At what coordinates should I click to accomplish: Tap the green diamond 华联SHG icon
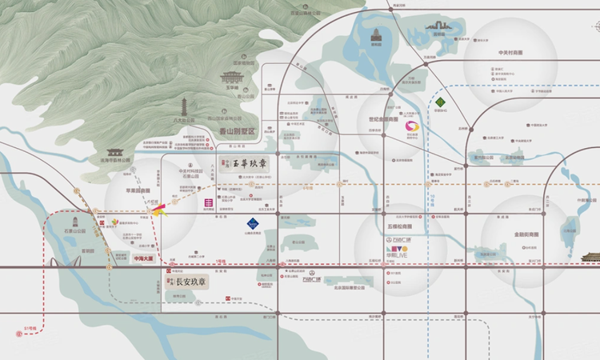440,102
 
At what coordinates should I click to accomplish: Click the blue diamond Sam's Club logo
251,224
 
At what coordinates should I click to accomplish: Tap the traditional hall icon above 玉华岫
233,78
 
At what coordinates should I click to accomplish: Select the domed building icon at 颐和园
375,35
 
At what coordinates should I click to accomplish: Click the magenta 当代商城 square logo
208,203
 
